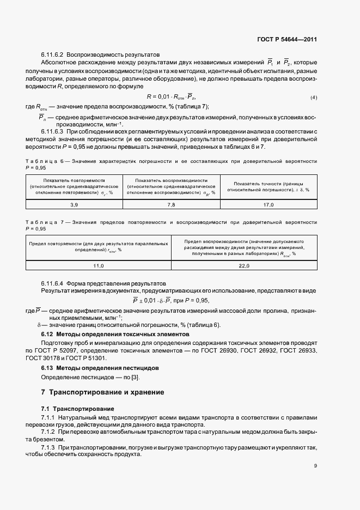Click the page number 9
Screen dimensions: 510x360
tap(316, 465)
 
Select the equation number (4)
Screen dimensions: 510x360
tap(314, 97)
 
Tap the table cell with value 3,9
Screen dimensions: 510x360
tap(75, 204)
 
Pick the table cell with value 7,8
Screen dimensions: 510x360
tap(171, 204)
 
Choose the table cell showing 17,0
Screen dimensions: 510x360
tap(268, 204)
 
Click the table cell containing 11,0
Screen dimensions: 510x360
tap(99, 265)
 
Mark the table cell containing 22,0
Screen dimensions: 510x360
tap(244, 265)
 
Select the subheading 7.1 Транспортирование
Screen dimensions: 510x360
tap(78, 409)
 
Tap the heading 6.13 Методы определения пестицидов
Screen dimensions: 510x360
tap(100, 368)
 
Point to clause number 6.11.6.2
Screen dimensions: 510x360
tap(52, 55)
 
